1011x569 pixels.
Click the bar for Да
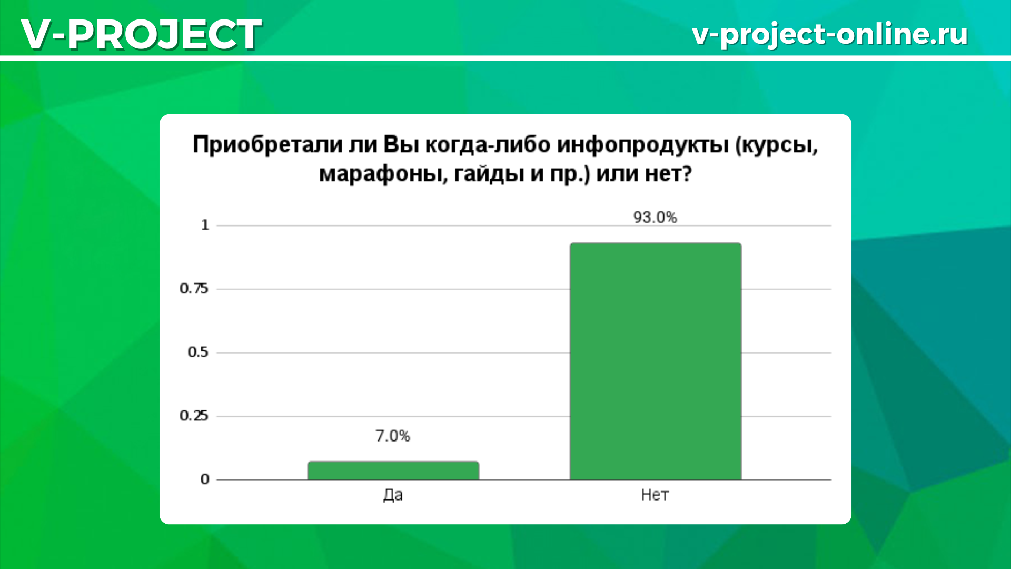[x=393, y=470]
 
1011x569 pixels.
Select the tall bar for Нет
[x=656, y=361]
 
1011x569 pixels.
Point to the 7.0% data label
[x=393, y=436]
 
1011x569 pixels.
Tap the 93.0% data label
[x=655, y=217]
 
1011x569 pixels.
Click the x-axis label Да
[x=393, y=495]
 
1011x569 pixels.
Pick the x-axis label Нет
[x=655, y=495]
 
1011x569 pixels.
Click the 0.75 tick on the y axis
[x=194, y=288]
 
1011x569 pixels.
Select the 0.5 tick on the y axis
[x=198, y=352]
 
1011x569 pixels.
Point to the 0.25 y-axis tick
[x=194, y=416]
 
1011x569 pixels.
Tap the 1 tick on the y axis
[x=205, y=225]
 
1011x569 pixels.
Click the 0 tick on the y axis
[x=205, y=479]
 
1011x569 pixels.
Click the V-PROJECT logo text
[x=141, y=34]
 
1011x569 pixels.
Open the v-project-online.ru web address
[x=830, y=34]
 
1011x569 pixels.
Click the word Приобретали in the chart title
[x=267, y=144]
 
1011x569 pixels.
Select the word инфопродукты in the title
[x=643, y=145]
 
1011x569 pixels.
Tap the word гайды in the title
[x=489, y=174]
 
